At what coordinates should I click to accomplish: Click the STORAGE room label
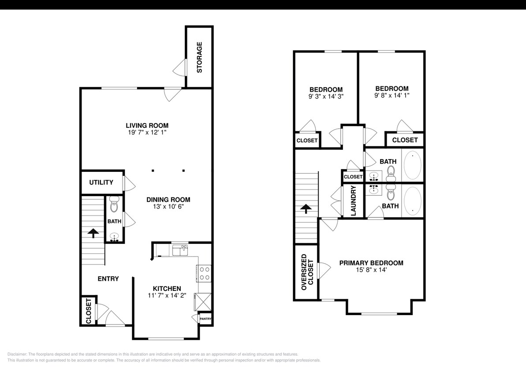pyautogui.click(x=199, y=57)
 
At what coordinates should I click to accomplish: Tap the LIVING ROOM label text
pyautogui.click(x=147, y=126)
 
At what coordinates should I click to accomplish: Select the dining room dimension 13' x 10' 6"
pyautogui.click(x=168, y=207)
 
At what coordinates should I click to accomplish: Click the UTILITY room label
pyautogui.click(x=101, y=182)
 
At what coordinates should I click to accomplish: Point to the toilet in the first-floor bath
pyautogui.click(x=114, y=205)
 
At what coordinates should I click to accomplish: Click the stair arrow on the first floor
pyautogui.click(x=93, y=233)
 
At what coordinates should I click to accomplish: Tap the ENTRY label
pyautogui.click(x=108, y=279)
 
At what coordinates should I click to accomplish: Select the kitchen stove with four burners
pyautogui.click(x=205, y=273)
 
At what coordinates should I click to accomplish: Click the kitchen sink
pyautogui.click(x=179, y=251)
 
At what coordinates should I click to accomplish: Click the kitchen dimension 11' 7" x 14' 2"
pyautogui.click(x=167, y=296)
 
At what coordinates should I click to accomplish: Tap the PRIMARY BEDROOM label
pyautogui.click(x=371, y=263)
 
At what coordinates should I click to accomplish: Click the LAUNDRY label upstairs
pyautogui.click(x=353, y=201)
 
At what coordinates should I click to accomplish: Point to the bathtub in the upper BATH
pyautogui.click(x=413, y=165)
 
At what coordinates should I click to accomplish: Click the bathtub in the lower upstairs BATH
pyautogui.click(x=413, y=201)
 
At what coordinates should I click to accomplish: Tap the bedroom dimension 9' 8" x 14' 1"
pyautogui.click(x=392, y=96)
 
